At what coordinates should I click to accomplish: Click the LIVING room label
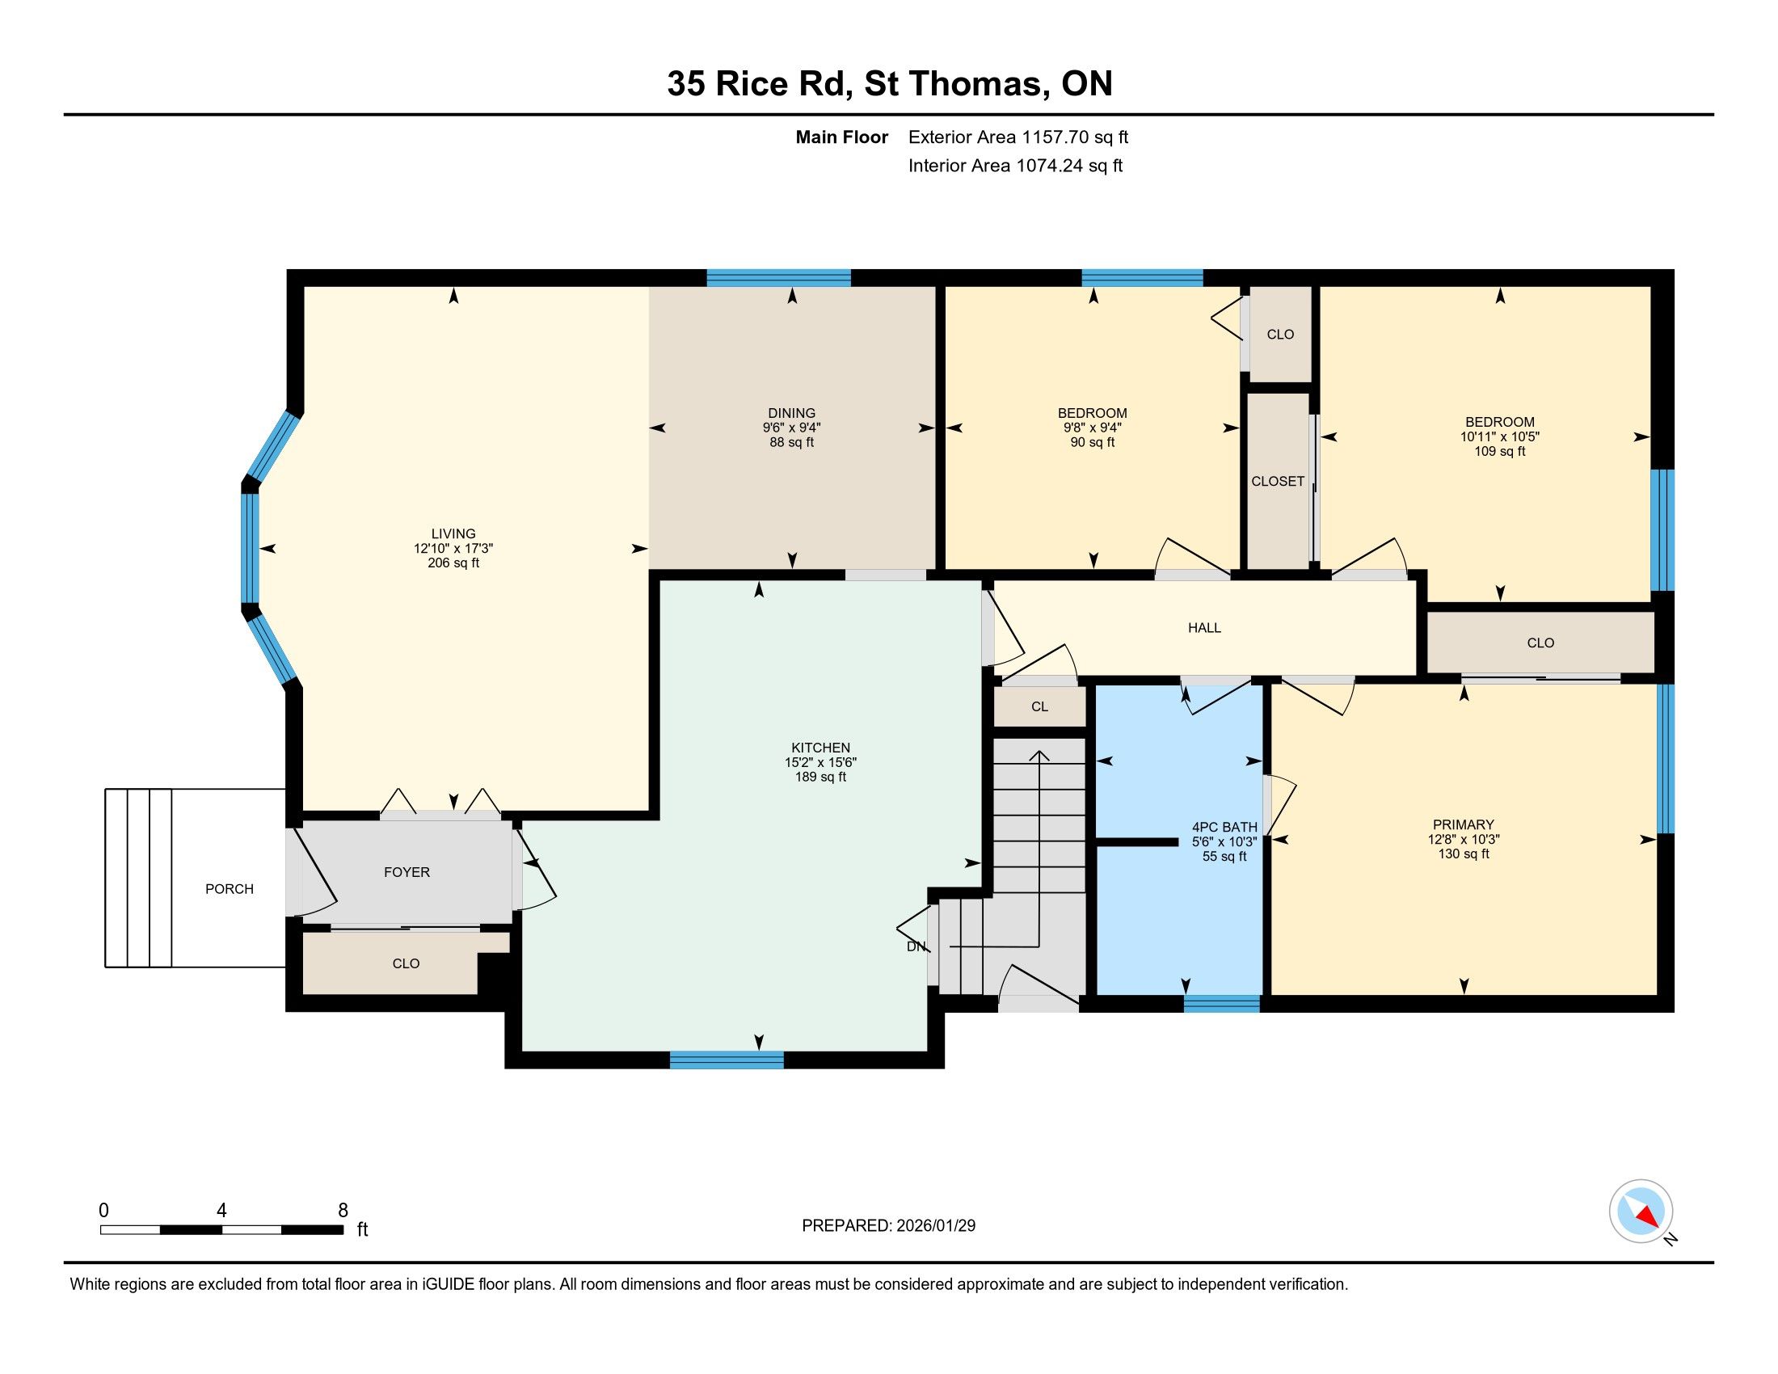point(453,534)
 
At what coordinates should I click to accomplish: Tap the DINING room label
point(791,413)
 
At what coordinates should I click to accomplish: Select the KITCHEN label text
point(820,748)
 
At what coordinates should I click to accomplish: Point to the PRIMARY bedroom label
point(1464,824)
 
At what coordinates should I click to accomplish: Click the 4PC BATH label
point(1224,827)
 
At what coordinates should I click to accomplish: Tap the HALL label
point(1204,627)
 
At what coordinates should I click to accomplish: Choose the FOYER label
point(407,872)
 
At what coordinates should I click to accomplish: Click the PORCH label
point(230,889)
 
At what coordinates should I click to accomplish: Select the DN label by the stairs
point(916,946)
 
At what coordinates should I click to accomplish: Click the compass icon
point(1641,1212)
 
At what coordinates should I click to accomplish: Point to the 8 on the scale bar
point(343,1211)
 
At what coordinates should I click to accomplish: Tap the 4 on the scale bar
point(221,1211)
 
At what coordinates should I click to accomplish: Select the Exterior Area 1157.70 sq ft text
point(1018,137)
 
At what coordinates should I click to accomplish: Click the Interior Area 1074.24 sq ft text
point(1015,165)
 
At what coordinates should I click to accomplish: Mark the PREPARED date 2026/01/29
point(934,1225)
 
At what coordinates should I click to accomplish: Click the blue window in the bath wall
point(1221,1004)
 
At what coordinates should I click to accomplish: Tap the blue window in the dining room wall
point(778,277)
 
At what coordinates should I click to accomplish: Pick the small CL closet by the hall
point(1039,706)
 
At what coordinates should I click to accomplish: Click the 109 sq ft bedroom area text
point(1499,451)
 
